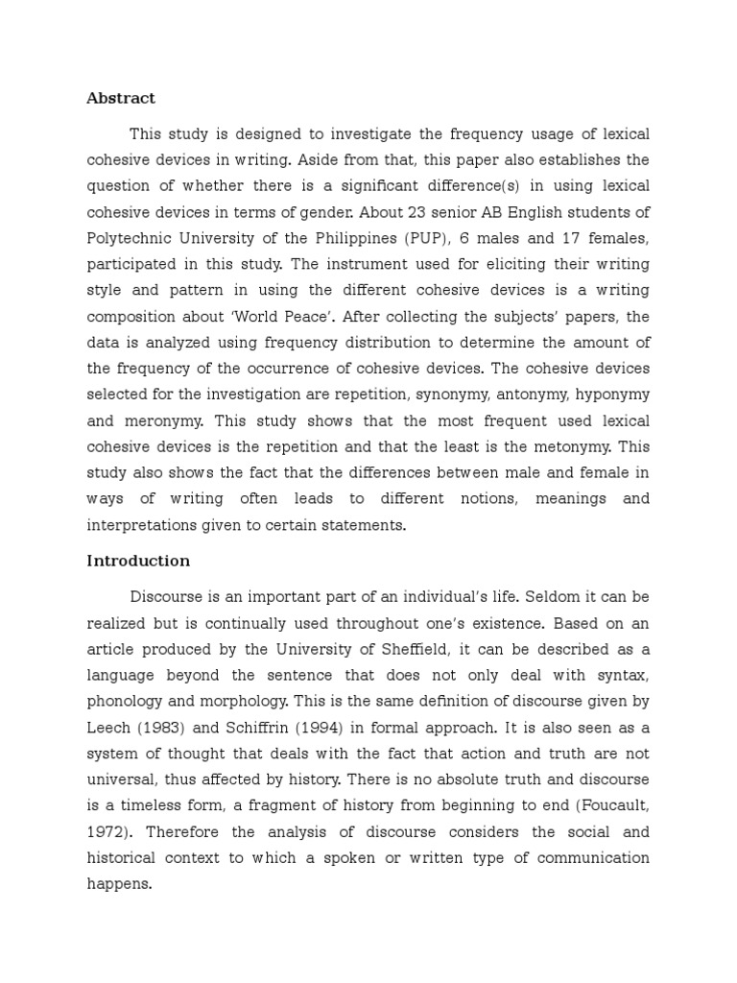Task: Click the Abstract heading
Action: [121, 98]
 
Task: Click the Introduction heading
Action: [138, 561]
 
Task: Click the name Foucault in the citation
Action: [608, 804]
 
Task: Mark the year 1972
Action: [107, 831]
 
